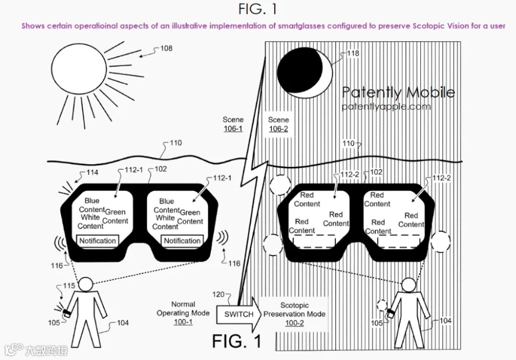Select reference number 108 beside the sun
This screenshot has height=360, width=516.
(x=166, y=48)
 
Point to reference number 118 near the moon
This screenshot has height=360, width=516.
(x=353, y=53)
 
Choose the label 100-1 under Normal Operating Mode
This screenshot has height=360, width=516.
(x=183, y=322)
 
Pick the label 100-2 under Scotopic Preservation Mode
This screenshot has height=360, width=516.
(x=294, y=323)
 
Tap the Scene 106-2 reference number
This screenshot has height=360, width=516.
(x=278, y=129)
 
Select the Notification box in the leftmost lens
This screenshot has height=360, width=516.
(x=97, y=241)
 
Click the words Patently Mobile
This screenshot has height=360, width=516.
(x=398, y=93)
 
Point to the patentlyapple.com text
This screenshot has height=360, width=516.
(x=386, y=107)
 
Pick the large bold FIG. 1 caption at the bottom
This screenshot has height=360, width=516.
(x=236, y=341)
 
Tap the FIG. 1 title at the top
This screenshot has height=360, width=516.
(x=258, y=9)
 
